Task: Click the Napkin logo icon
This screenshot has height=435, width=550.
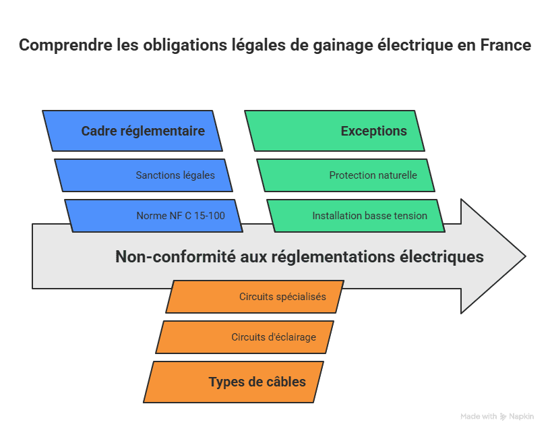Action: coord(503,417)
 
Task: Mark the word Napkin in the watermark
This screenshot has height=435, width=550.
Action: coord(521,417)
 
